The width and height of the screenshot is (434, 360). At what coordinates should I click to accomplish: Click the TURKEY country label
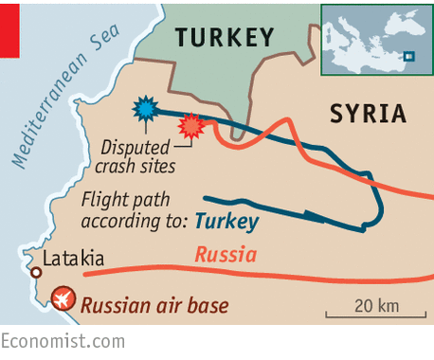(224, 38)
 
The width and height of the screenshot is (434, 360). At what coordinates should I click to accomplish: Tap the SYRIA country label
(368, 115)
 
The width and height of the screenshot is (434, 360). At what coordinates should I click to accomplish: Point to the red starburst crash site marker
(192, 126)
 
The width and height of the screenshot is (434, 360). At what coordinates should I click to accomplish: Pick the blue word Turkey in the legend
(226, 222)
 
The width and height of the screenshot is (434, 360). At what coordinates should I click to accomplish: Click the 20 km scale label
(376, 305)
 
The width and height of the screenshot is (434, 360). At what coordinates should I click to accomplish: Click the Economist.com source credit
(62, 341)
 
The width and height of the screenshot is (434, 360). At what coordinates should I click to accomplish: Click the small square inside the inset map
(409, 56)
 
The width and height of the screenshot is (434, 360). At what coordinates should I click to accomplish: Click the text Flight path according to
(133, 210)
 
